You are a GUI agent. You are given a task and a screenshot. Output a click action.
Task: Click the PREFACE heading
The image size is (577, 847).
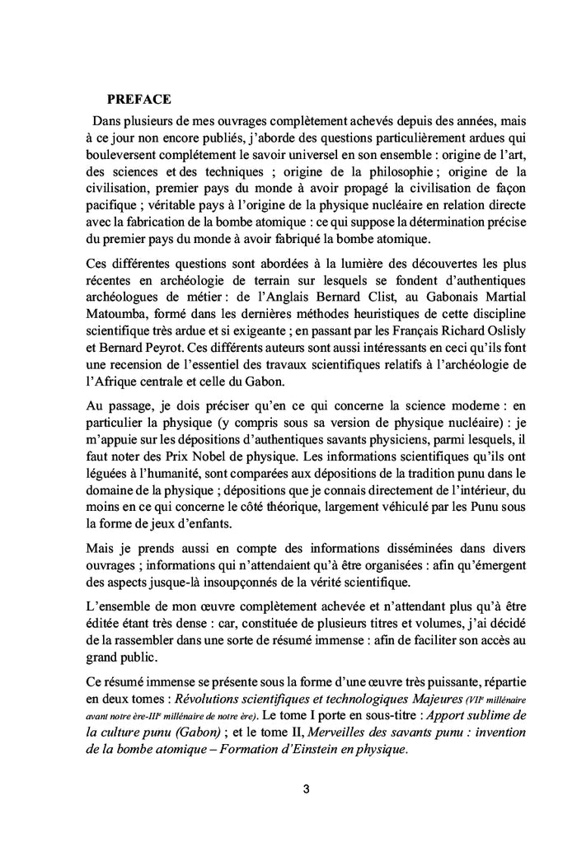click(x=138, y=100)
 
